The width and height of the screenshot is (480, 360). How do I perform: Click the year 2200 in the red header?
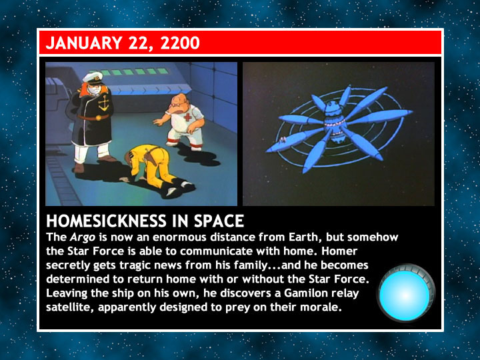click(180, 43)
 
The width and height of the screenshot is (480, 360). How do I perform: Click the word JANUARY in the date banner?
click(84, 43)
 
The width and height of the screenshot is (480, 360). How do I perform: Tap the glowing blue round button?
click(405, 293)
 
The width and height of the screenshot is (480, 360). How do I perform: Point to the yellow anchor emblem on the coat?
click(104, 103)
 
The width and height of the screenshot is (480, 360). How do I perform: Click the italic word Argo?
click(83, 237)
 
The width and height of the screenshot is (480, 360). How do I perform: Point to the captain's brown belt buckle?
click(99, 118)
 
